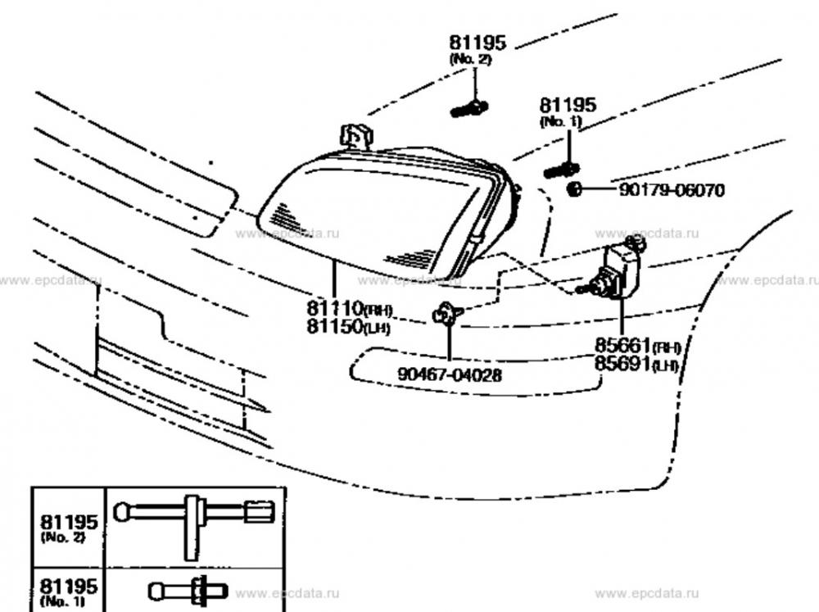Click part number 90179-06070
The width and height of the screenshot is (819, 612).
click(672, 191)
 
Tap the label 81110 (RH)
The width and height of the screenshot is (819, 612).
click(351, 309)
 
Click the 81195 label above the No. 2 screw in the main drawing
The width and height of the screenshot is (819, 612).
click(477, 43)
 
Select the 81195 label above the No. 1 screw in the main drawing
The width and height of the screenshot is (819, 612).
click(568, 105)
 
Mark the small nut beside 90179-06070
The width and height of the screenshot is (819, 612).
click(575, 190)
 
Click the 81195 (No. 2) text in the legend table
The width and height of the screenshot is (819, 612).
click(69, 526)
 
